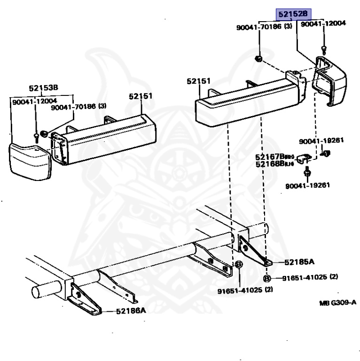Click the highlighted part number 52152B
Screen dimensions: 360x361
(293, 15)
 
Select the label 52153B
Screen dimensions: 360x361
(43, 87)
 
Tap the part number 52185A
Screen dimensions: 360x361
(298, 262)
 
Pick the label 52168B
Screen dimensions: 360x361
(270, 164)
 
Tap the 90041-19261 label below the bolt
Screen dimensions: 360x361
(307, 185)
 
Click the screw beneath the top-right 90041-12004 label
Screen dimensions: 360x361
(323, 48)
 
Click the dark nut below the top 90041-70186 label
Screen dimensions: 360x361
(258, 58)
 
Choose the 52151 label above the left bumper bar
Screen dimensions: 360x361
(141, 96)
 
